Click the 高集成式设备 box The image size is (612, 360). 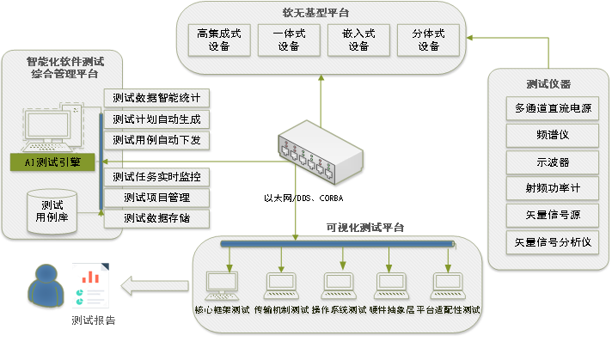(x=219, y=40)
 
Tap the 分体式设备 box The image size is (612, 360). (x=428, y=40)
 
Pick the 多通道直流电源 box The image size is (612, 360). (x=553, y=109)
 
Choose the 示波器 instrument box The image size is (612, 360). (x=553, y=162)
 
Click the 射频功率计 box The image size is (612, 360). (x=553, y=188)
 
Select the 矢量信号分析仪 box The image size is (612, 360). (x=553, y=241)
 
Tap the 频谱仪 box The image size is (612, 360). (x=553, y=135)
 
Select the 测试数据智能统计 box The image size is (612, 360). (x=156, y=97)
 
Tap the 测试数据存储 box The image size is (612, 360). (x=156, y=218)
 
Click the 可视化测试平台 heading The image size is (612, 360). (x=364, y=228)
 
